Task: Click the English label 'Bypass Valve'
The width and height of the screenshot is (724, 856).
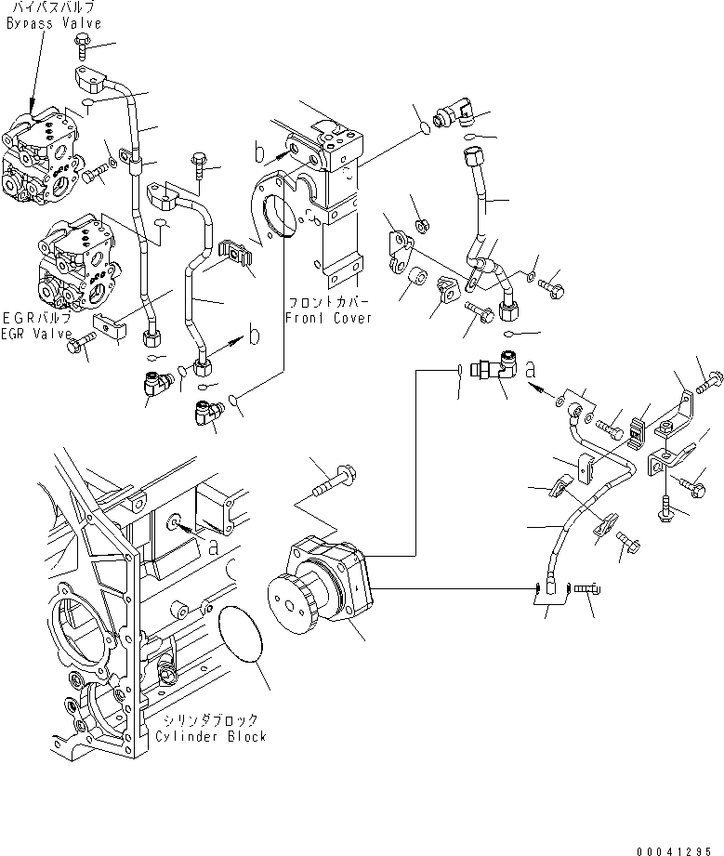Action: click(x=52, y=23)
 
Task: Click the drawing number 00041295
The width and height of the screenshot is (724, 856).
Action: click(x=678, y=849)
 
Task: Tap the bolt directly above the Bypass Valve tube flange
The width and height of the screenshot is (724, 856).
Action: click(x=82, y=42)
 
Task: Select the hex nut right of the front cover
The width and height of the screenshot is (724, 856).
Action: click(x=420, y=224)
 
